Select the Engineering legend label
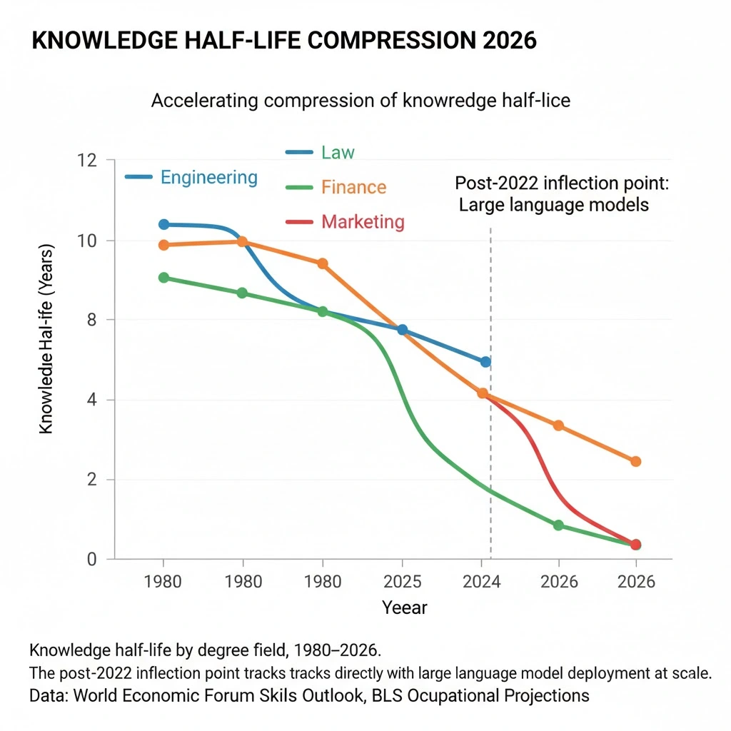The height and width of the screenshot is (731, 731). [x=209, y=177]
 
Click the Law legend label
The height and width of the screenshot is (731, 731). [x=338, y=152]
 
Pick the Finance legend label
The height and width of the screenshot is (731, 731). [x=353, y=187]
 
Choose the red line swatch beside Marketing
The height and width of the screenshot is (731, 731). [x=298, y=222]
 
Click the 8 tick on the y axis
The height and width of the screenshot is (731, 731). [x=91, y=320]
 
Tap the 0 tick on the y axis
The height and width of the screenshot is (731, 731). [x=91, y=560]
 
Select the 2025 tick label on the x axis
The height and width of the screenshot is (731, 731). [x=402, y=581]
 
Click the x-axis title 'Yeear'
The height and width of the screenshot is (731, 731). [x=404, y=608]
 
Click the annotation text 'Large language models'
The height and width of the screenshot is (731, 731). [x=554, y=205]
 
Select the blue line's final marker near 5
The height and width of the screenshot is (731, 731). [x=485, y=362]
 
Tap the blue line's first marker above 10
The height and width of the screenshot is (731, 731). [x=163, y=224]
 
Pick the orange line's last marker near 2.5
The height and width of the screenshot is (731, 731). [x=636, y=461]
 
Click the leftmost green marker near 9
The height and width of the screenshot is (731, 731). [x=163, y=278]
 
